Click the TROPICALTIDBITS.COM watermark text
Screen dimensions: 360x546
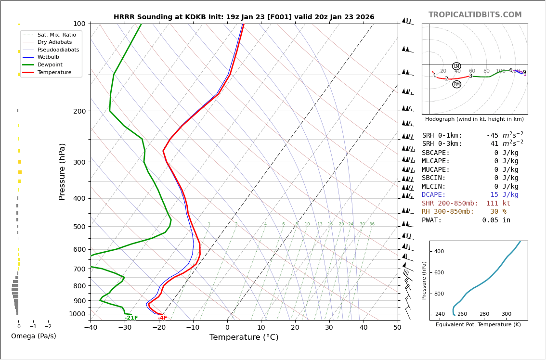pyautogui.click(x=475, y=15)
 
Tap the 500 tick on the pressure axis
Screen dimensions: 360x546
pyautogui.click(x=79, y=227)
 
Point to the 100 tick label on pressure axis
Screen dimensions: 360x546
pyautogui.click(x=79, y=24)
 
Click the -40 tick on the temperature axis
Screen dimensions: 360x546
pyautogui.click(x=91, y=328)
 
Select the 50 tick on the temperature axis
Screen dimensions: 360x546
pyautogui.click(x=397, y=328)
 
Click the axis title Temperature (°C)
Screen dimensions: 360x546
pyautogui.click(x=244, y=337)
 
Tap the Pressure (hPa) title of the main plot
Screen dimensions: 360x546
pyautogui.click(x=62, y=171)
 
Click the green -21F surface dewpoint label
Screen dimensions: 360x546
pyautogui.click(x=131, y=318)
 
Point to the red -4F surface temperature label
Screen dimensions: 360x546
pyautogui.click(x=162, y=318)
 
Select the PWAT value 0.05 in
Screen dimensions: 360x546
pyautogui.click(x=496, y=220)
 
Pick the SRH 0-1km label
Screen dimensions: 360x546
pyautogui.click(x=442, y=136)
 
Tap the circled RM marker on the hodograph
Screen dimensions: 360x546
pyautogui.click(x=456, y=84)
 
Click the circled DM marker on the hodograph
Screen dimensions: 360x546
pyautogui.click(x=456, y=66)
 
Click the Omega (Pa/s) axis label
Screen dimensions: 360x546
pyautogui.click(x=34, y=336)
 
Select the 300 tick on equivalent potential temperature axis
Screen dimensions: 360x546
pyautogui.click(x=506, y=314)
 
